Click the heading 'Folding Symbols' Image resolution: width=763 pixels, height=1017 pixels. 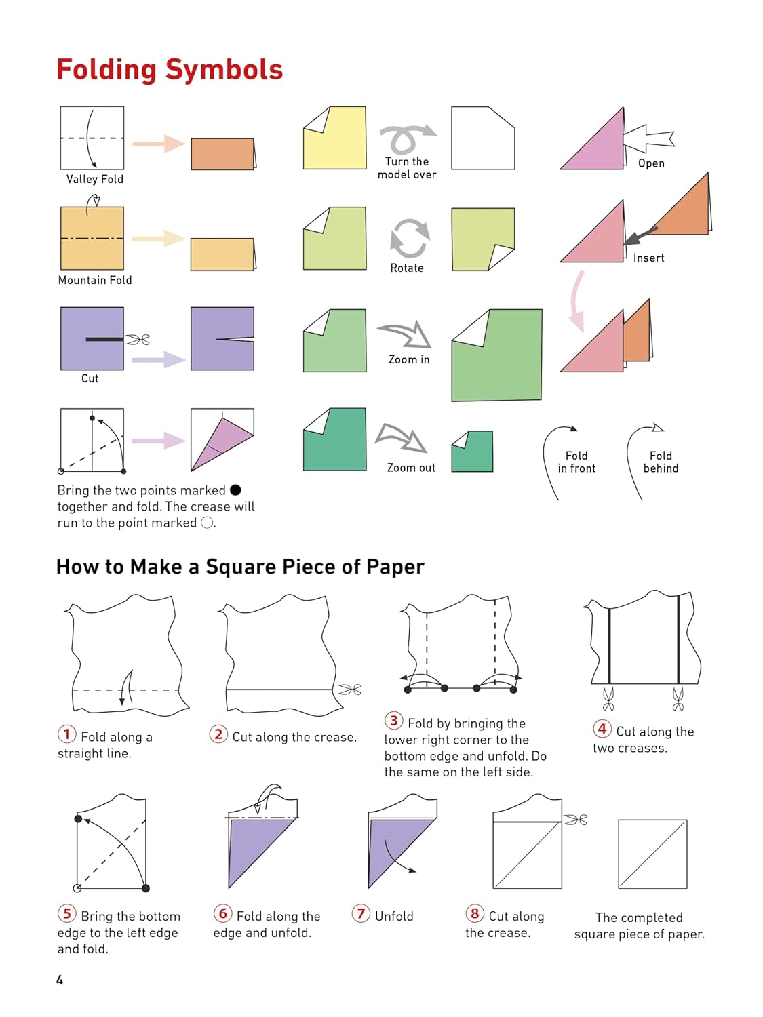pyautogui.click(x=170, y=70)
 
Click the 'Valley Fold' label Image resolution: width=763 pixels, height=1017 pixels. pyautogui.click(x=95, y=179)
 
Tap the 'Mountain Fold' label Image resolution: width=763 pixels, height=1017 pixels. pyautogui.click(x=95, y=280)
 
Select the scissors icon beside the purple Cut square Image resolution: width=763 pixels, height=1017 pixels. pyautogui.click(x=138, y=339)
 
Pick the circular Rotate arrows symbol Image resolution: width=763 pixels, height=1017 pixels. pyautogui.click(x=410, y=238)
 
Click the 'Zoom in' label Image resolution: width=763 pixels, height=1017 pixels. pyautogui.click(x=409, y=359)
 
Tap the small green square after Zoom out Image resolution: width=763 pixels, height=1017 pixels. pyautogui.click(x=473, y=451)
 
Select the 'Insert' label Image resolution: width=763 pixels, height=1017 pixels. pyautogui.click(x=648, y=258)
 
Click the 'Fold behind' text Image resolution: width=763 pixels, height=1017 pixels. pyautogui.click(x=661, y=462)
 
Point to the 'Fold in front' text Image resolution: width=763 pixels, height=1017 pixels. pyautogui.click(x=576, y=462)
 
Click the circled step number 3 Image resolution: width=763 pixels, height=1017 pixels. pyautogui.click(x=394, y=721)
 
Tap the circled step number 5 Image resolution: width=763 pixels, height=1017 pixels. pyautogui.click(x=66, y=913)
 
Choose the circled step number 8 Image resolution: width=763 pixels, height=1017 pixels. pyautogui.click(x=475, y=913)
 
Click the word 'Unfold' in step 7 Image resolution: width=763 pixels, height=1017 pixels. pyautogui.click(x=394, y=916)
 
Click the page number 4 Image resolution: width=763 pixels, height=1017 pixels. pyautogui.click(x=60, y=980)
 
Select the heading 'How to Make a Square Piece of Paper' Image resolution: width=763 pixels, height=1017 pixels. pyautogui.click(x=240, y=567)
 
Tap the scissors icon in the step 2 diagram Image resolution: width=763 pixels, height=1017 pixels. pyautogui.click(x=350, y=690)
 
